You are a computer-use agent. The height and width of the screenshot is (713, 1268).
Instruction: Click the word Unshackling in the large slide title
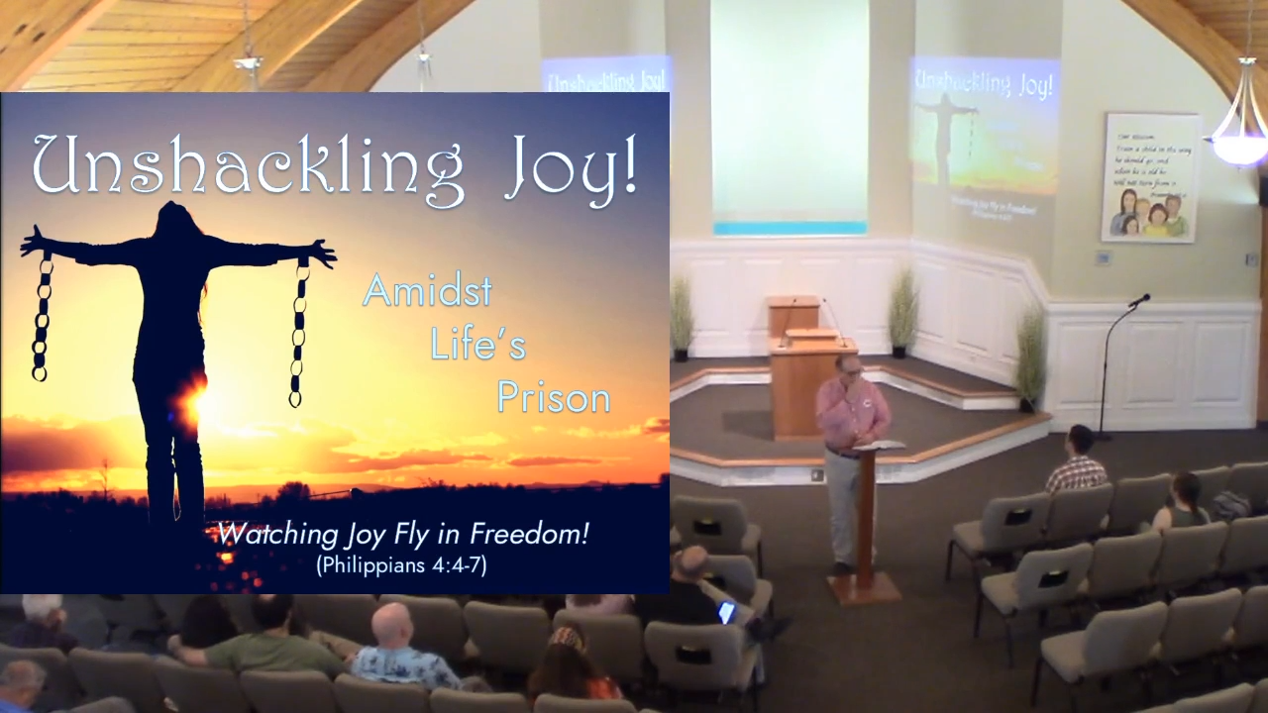[248, 163]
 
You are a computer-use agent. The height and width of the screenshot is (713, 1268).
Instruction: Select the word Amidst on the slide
[427, 291]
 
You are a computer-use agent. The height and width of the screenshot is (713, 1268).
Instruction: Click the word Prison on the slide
[553, 397]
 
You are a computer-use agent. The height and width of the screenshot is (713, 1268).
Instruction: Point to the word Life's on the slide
[477, 345]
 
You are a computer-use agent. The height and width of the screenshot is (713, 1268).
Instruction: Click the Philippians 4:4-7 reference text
[401, 565]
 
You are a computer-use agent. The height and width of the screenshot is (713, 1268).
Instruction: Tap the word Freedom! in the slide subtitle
[529, 535]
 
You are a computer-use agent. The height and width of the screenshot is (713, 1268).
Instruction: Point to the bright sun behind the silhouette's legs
[193, 401]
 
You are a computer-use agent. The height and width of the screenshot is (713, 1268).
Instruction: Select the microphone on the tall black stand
[1140, 299]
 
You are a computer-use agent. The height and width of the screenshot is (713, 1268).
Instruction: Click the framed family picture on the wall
[1150, 177]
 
